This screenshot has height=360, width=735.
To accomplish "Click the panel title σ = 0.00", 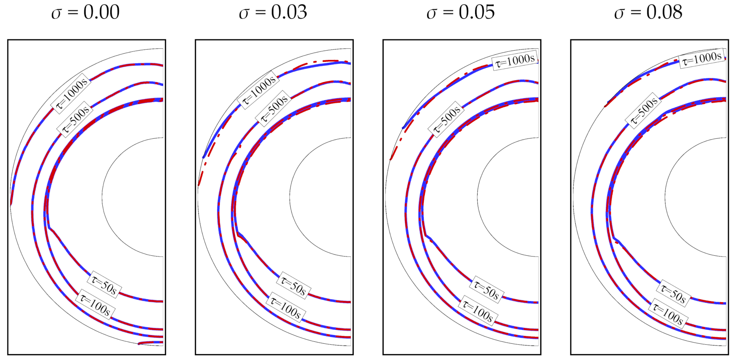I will [x=85, y=12].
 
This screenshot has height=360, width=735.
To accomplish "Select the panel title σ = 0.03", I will [x=273, y=12].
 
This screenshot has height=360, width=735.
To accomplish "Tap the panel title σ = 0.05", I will [x=461, y=12].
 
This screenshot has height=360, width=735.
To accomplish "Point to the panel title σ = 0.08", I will [x=648, y=12].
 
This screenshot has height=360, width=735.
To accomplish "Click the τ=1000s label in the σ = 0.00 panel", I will [x=71, y=93].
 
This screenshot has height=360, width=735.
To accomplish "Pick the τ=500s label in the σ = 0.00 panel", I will [x=75, y=119].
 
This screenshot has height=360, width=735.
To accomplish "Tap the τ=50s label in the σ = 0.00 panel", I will [x=104, y=285].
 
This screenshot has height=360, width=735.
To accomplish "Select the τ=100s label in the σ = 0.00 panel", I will [x=95, y=306].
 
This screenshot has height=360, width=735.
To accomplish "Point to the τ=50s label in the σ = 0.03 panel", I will [x=293, y=286].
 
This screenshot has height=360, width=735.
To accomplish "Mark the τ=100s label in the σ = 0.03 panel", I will [x=286, y=308].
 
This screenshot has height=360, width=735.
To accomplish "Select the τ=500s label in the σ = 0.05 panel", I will [x=447, y=119].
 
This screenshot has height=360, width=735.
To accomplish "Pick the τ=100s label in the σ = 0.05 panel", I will [x=478, y=311].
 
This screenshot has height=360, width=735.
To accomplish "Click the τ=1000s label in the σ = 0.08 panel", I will [x=702, y=59].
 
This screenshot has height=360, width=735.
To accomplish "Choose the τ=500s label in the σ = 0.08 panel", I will [x=644, y=111].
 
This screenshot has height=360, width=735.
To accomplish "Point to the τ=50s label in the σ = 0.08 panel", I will [x=673, y=294].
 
